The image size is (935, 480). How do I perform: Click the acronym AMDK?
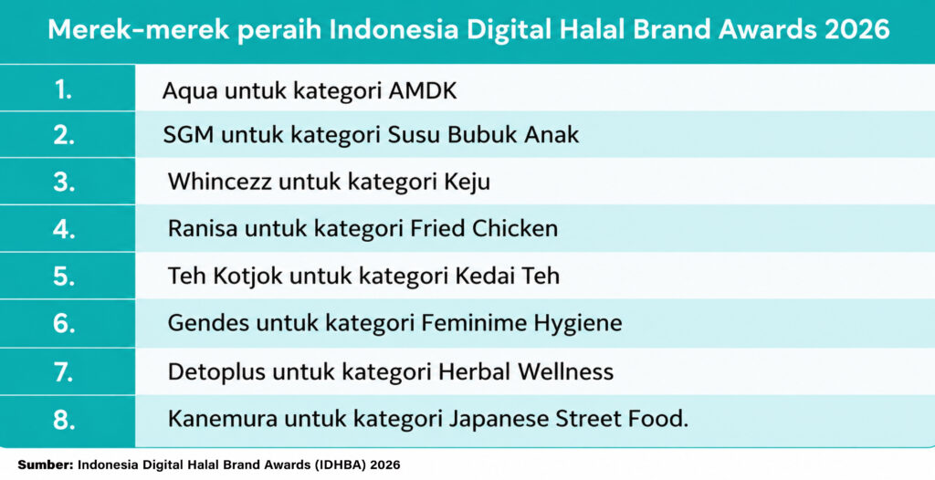(422, 92)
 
